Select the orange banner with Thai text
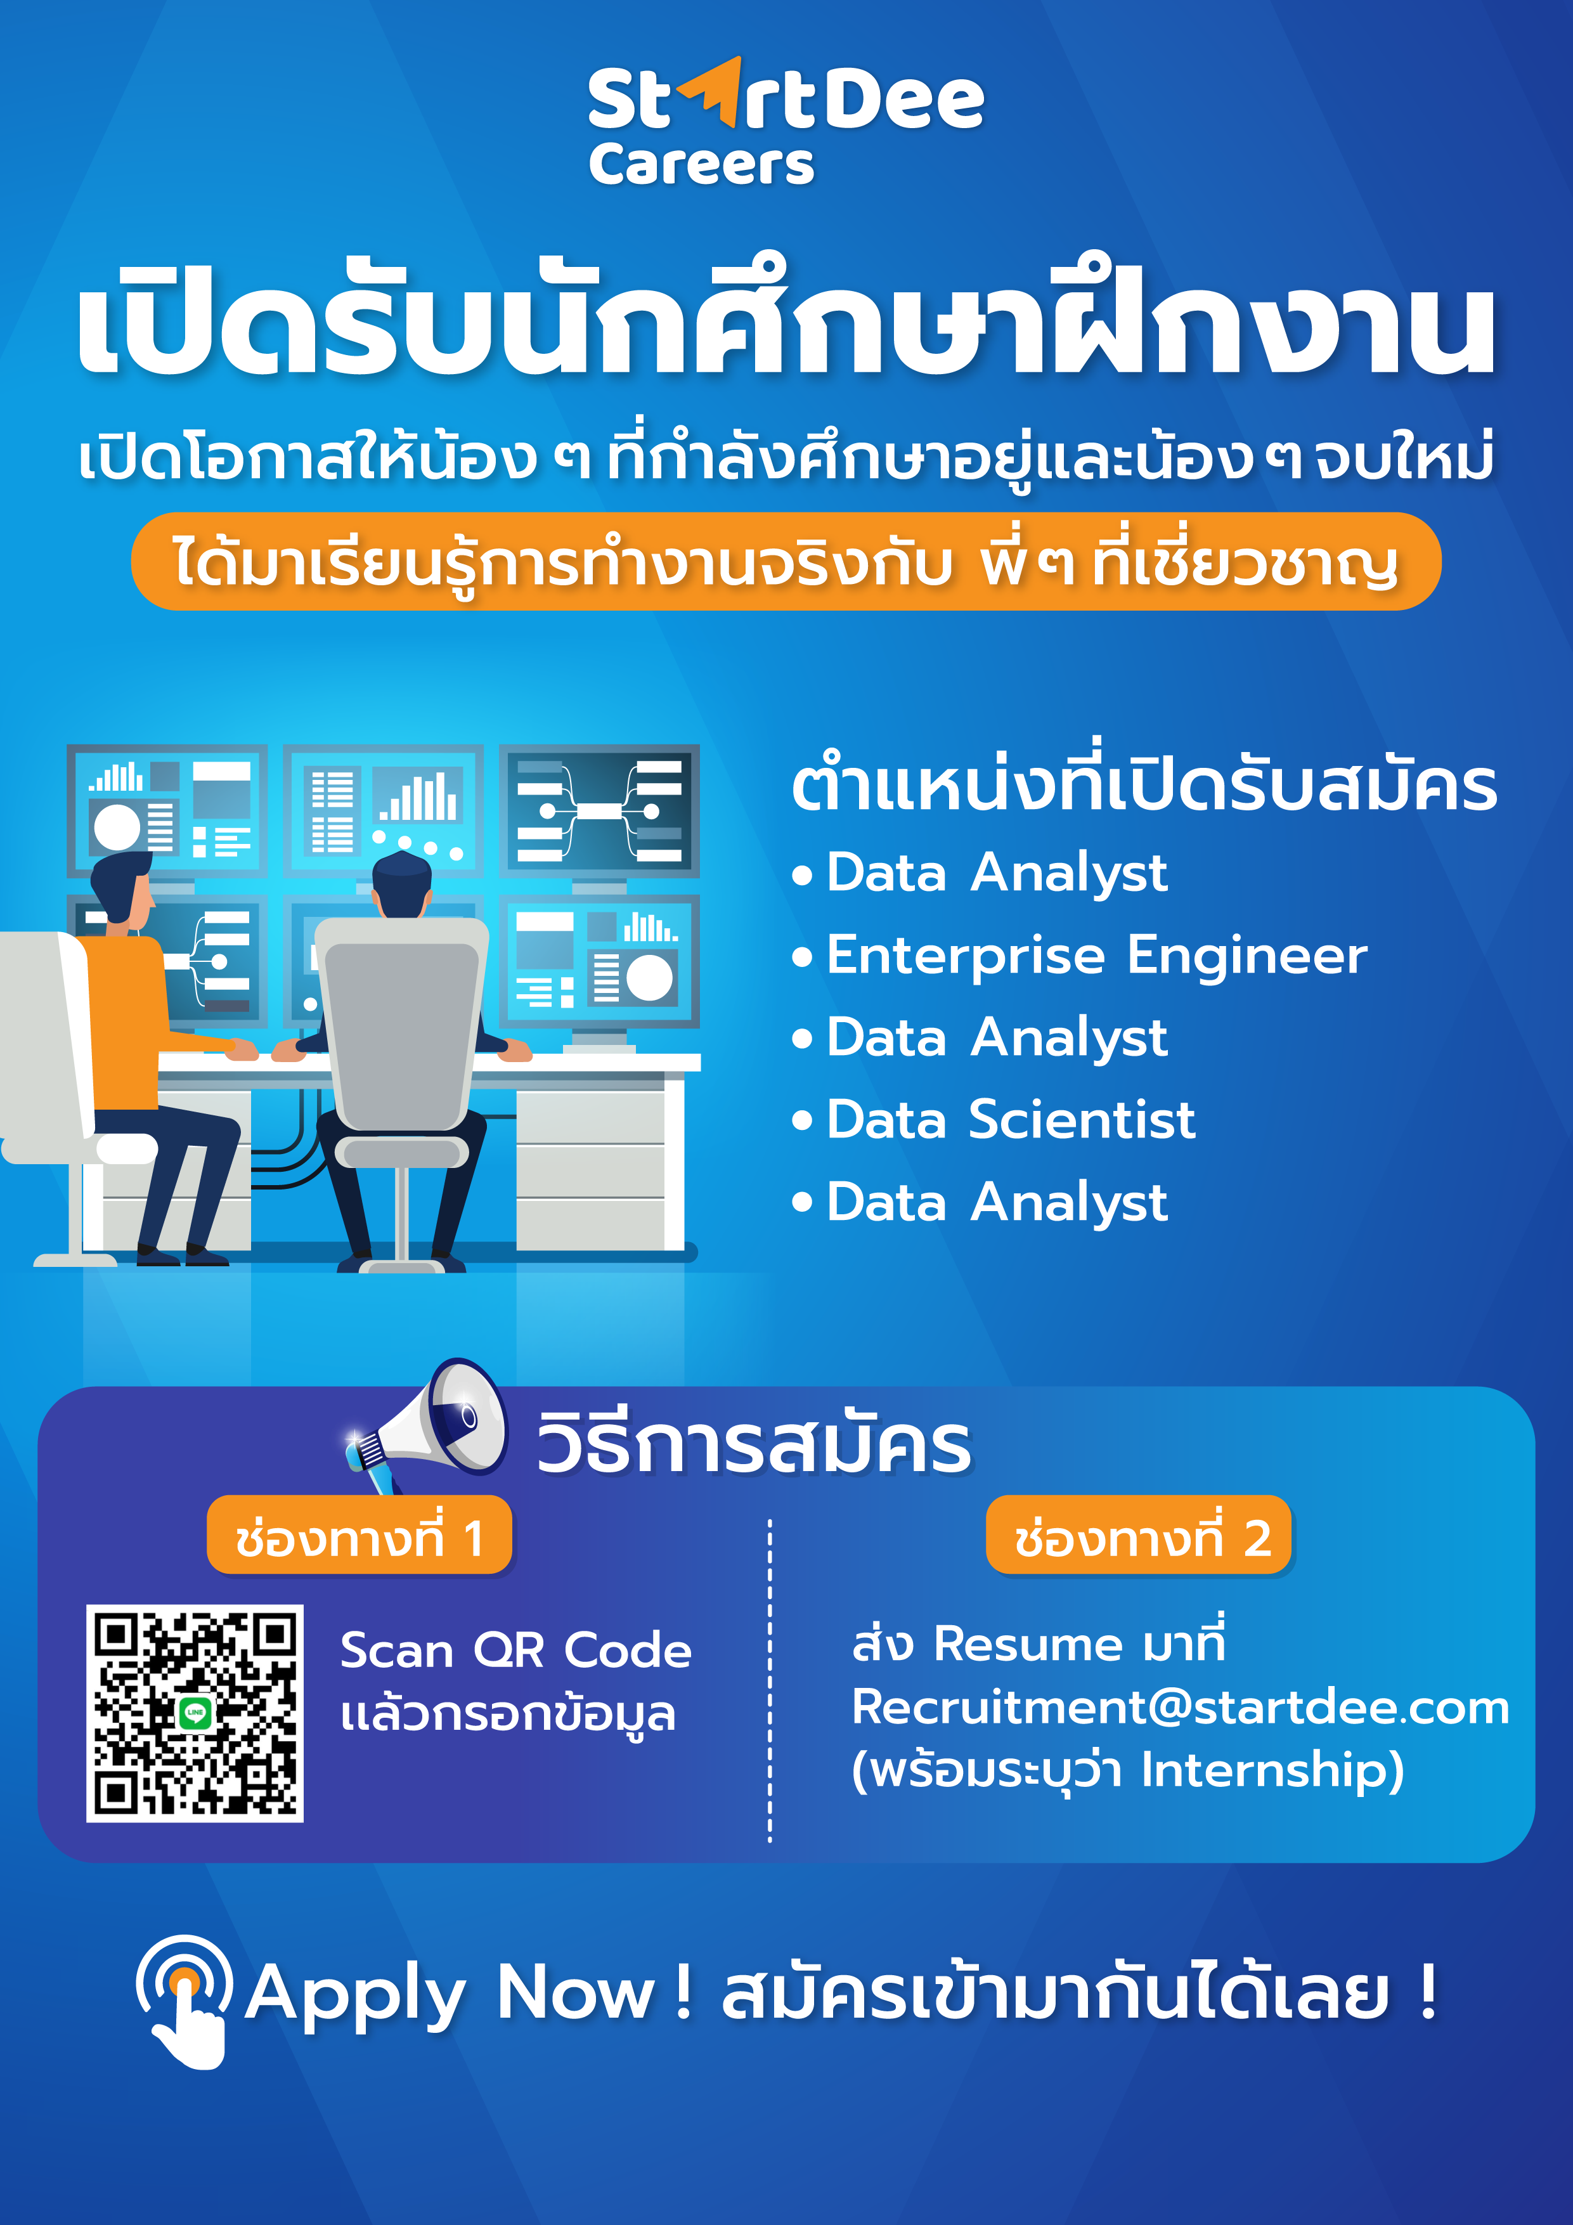pyautogui.click(x=786, y=561)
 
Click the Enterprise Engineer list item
pyautogui.click(x=1097, y=956)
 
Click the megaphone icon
pyautogui.click(x=427, y=1425)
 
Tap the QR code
pyautogui.click(x=195, y=1713)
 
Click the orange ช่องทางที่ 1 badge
pyautogui.click(x=359, y=1536)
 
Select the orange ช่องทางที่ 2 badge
pyautogui.click(x=1139, y=1536)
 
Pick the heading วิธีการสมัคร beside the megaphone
pyautogui.click(x=754, y=1444)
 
